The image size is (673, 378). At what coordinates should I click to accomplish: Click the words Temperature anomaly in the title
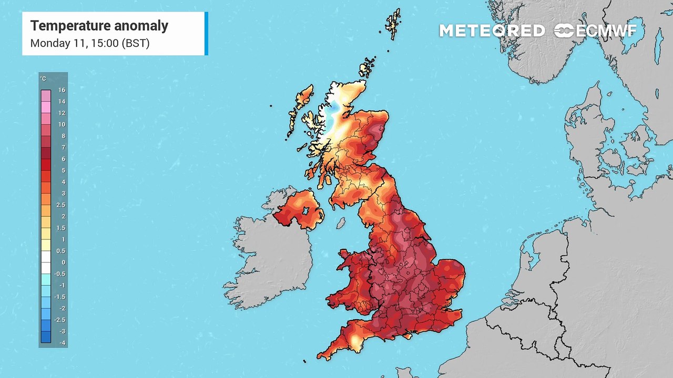click(99, 26)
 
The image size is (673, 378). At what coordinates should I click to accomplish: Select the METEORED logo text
click(492, 31)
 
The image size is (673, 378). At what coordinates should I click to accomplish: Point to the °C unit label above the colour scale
click(43, 79)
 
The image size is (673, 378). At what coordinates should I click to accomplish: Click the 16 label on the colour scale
click(62, 90)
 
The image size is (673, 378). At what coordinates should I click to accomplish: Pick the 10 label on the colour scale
click(62, 124)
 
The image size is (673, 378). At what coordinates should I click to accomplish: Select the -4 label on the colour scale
click(62, 343)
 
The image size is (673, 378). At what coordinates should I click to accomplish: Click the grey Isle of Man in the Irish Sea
click(341, 223)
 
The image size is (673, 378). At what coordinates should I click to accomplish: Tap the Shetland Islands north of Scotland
click(393, 24)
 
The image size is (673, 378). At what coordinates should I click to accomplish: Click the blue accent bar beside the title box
click(206, 33)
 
